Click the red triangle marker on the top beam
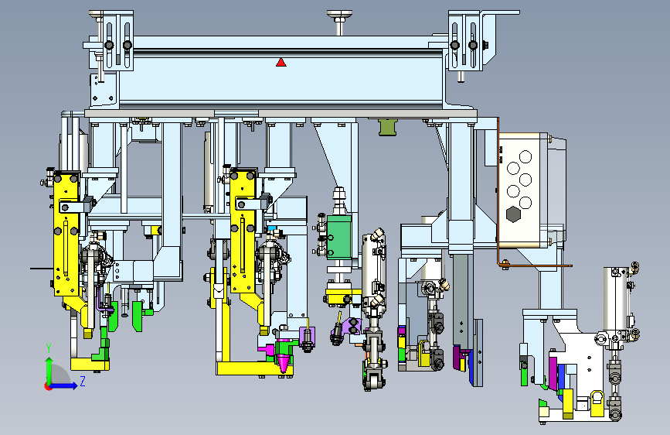pyautogui.click(x=281, y=63)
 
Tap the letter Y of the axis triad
pyautogui.click(x=49, y=348)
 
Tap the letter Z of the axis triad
pyautogui.click(x=83, y=381)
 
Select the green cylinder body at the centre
pyautogui.click(x=338, y=237)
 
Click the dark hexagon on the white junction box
pyautogui.click(x=513, y=214)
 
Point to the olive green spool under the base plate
pyautogui.click(x=388, y=127)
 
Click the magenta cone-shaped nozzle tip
pyautogui.click(x=283, y=355)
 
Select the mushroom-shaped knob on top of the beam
pyautogui.click(x=340, y=22)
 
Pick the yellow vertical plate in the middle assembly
pyautogui.click(x=243, y=231)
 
